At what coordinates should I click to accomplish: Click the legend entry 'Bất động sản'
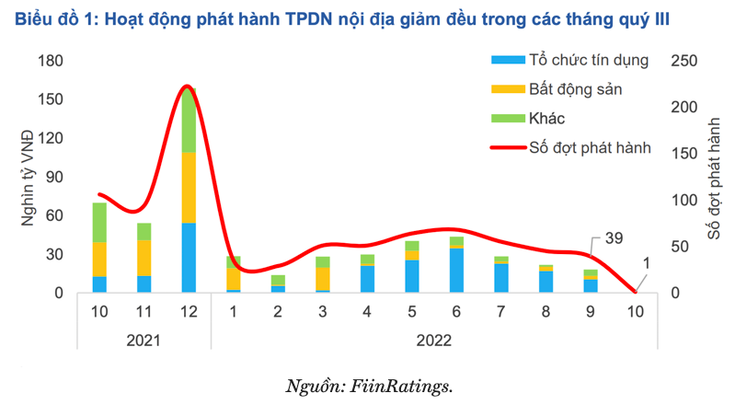pyautogui.click(x=574, y=89)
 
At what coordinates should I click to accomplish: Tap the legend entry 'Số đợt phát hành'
pyautogui.click(x=590, y=147)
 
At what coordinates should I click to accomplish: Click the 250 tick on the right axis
pyautogui.click(x=683, y=61)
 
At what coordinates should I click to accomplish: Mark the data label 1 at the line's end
pyautogui.click(x=646, y=264)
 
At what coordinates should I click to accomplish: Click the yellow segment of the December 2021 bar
pyautogui.click(x=189, y=188)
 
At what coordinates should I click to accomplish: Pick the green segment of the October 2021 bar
pyautogui.click(x=98, y=222)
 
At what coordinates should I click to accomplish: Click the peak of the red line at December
pyautogui.click(x=187, y=87)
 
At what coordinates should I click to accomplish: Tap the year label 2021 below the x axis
pyautogui.click(x=144, y=339)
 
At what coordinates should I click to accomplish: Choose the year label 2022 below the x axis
pyautogui.click(x=431, y=339)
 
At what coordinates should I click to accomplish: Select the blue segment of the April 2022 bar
pyautogui.click(x=368, y=279)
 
